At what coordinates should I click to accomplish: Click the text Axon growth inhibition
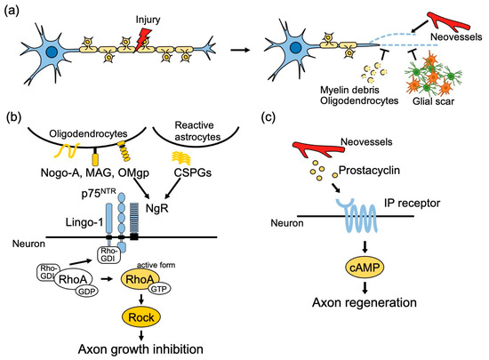pyautogui.click(x=134, y=348)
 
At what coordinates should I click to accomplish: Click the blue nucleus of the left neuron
pyautogui.click(x=52, y=54)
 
